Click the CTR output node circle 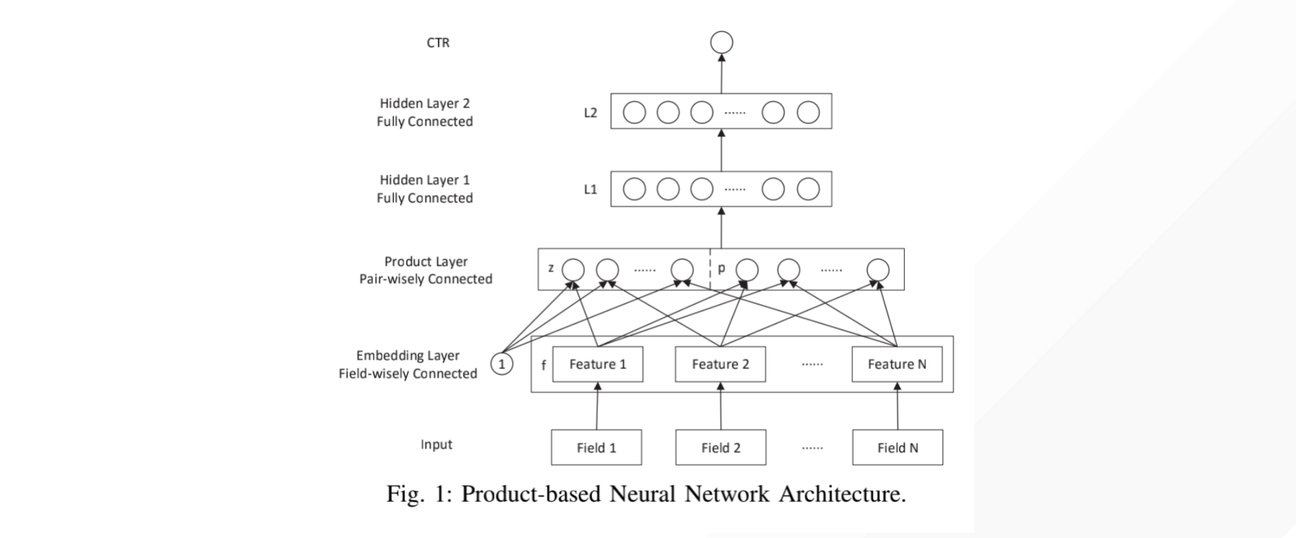point(721,43)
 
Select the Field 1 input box point(596,447)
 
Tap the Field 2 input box point(721,447)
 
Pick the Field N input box point(897,447)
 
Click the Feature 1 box point(597,364)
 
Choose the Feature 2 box point(720,364)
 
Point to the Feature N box point(897,364)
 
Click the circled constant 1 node point(501,364)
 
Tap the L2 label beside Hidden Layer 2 point(590,113)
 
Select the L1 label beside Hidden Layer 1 point(590,189)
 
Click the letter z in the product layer point(551,268)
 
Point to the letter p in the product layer point(721,268)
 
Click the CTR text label point(438,43)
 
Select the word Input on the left point(436,445)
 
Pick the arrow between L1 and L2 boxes point(721,150)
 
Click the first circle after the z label point(573,270)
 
